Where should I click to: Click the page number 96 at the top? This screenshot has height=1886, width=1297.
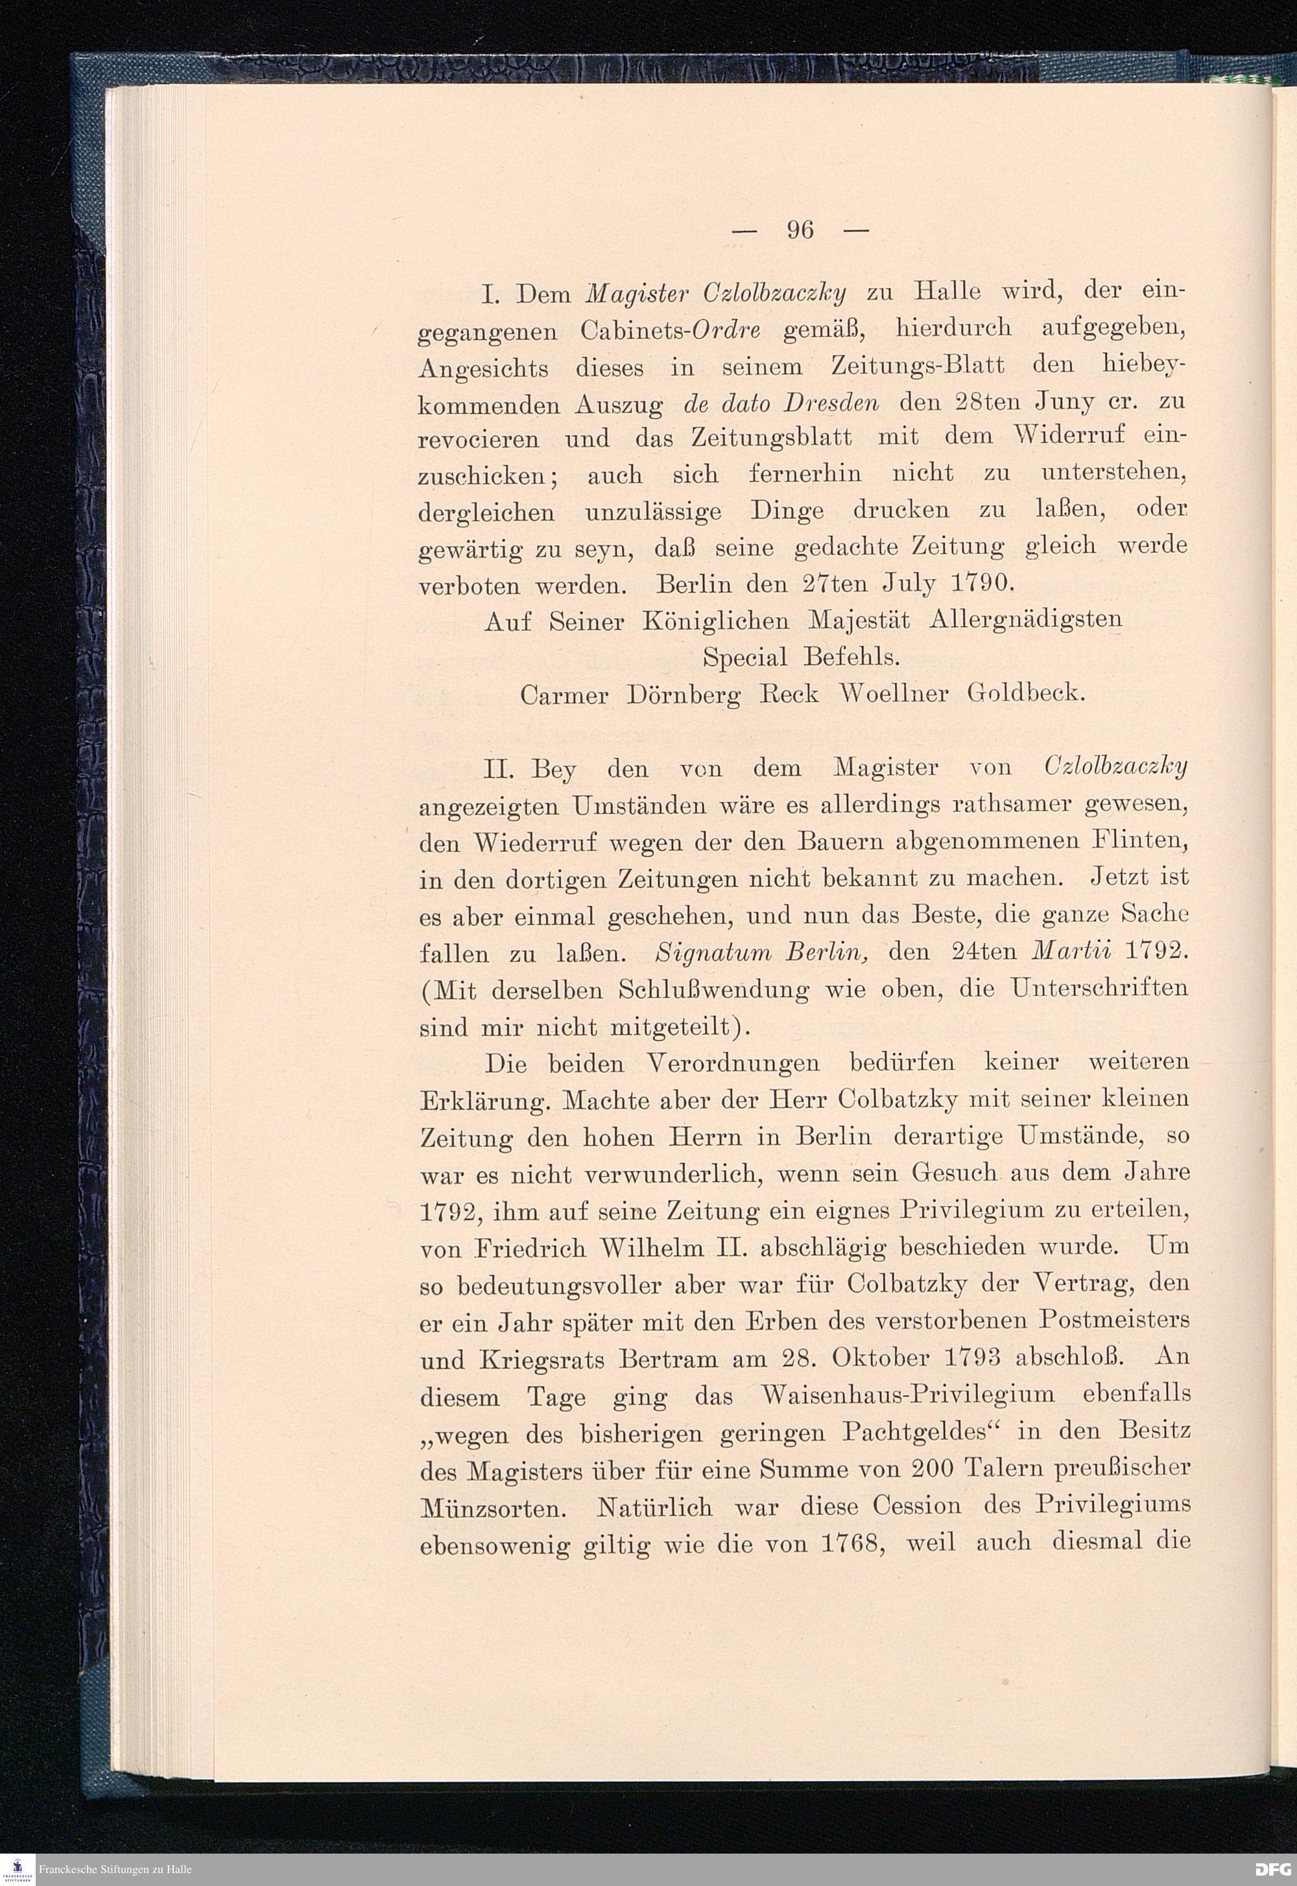(x=800, y=231)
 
